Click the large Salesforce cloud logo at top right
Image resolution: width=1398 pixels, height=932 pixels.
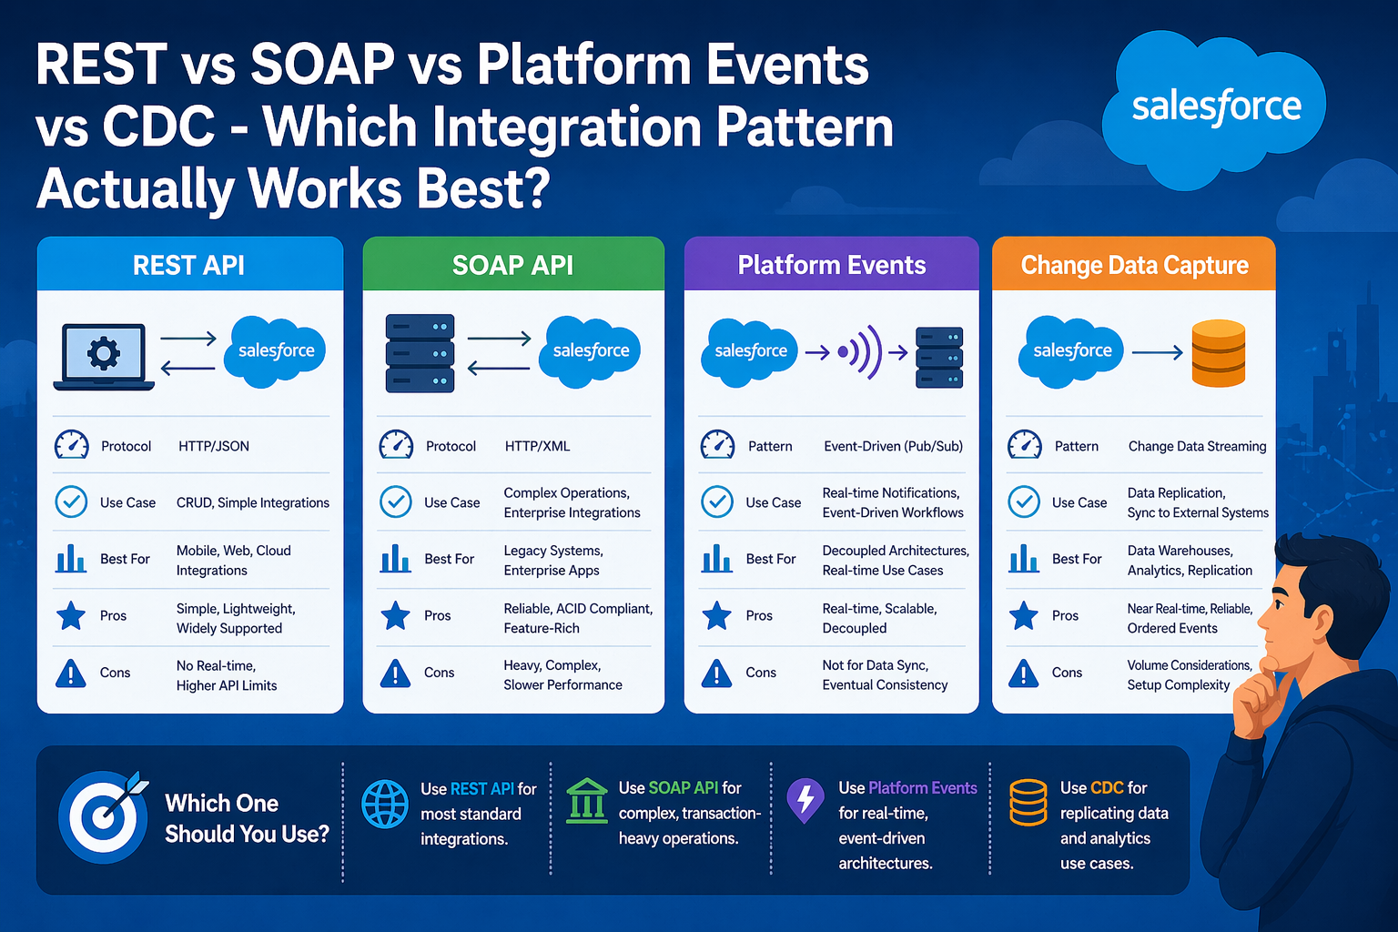click(1215, 107)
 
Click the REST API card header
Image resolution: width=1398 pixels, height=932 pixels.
click(189, 265)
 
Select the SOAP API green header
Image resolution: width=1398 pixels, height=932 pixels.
click(513, 265)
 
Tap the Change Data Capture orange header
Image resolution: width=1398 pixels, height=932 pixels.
click(1134, 265)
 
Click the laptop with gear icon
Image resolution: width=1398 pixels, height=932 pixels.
click(103, 356)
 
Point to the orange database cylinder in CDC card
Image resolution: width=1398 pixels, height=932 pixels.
click(1218, 353)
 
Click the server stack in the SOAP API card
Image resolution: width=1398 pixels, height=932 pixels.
click(420, 353)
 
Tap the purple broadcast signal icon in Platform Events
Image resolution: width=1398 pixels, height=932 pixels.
click(861, 352)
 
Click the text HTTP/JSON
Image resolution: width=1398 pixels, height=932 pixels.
click(214, 446)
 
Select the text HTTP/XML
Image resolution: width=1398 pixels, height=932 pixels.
click(537, 446)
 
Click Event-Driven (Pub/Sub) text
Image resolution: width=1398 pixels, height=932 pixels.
click(893, 446)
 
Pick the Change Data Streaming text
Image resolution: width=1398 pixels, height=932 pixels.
click(1197, 446)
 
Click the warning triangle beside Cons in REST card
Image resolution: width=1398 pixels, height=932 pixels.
click(71, 674)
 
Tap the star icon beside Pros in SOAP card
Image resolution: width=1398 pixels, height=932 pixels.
click(395, 616)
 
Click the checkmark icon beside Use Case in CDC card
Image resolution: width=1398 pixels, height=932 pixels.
click(1024, 501)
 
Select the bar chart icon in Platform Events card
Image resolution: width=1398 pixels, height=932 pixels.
click(716, 558)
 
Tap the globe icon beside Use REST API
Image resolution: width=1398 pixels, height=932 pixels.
click(385, 804)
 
